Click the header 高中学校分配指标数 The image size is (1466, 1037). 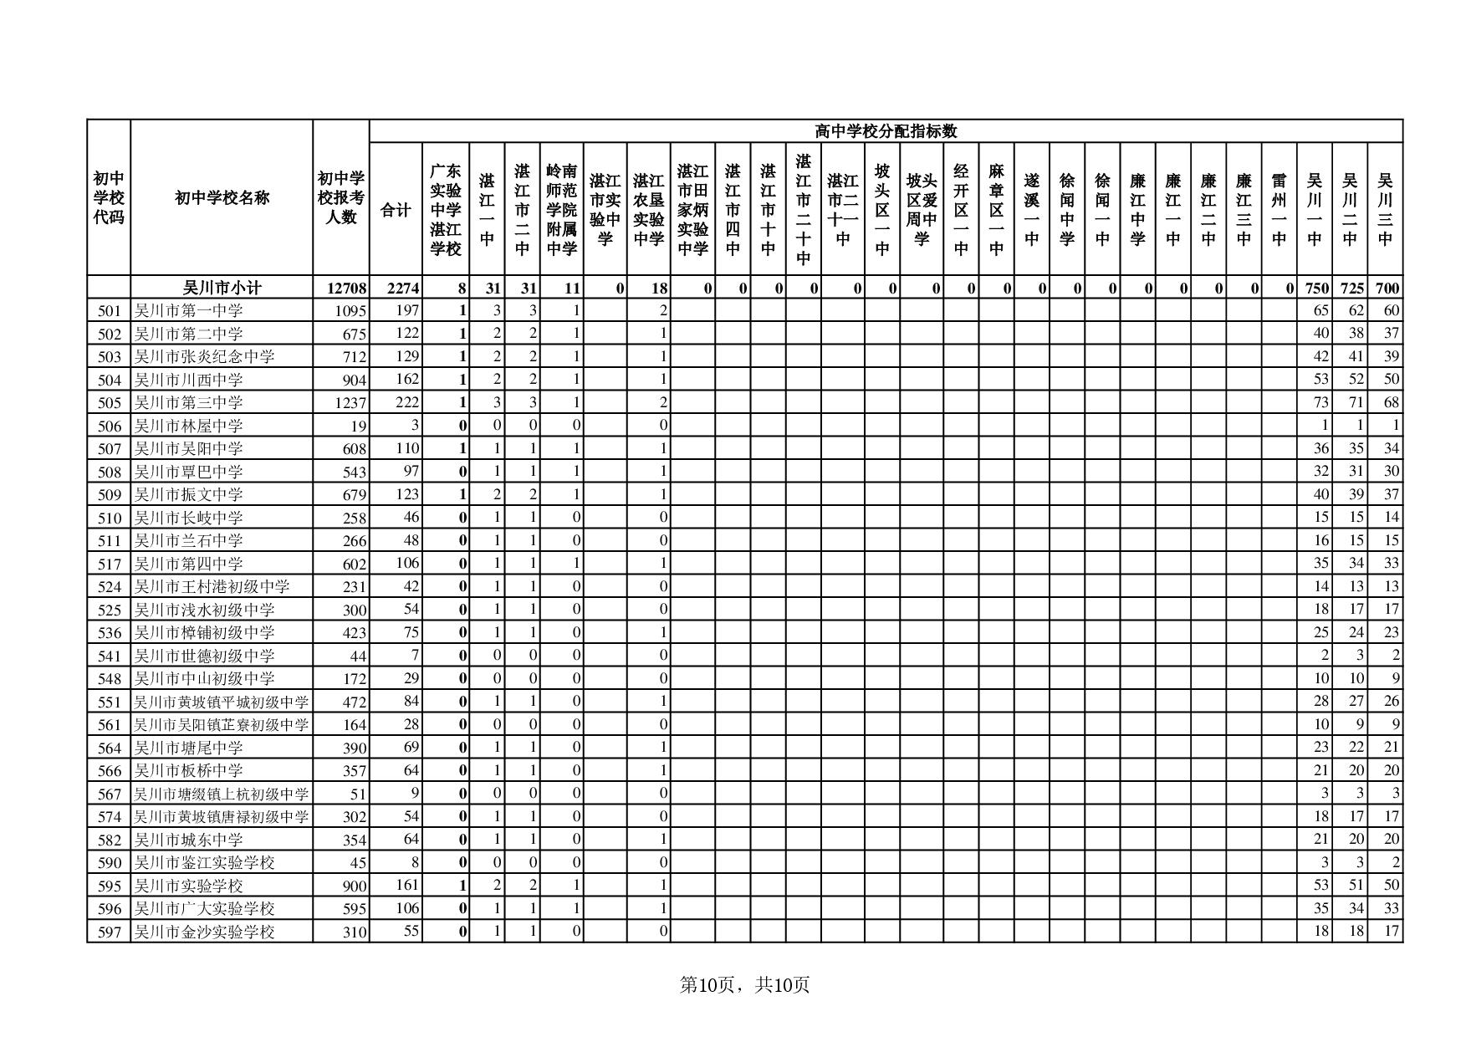(x=886, y=131)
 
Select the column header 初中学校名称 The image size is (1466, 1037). (x=222, y=198)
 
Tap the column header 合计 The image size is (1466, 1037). (x=396, y=210)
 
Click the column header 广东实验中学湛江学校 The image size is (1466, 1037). (x=446, y=210)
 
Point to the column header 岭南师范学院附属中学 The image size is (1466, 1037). (x=561, y=210)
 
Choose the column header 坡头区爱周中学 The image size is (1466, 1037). (x=922, y=210)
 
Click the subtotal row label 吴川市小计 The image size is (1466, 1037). (x=222, y=289)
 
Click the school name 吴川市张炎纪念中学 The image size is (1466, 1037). (x=205, y=357)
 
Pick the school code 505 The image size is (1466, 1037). (x=110, y=403)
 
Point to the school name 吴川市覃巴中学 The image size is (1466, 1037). (x=189, y=472)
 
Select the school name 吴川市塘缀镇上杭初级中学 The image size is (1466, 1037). (x=222, y=794)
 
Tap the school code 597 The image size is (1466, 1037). (x=110, y=932)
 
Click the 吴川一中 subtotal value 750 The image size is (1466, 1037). (x=1316, y=289)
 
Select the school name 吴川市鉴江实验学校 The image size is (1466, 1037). (x=205, y=863)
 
